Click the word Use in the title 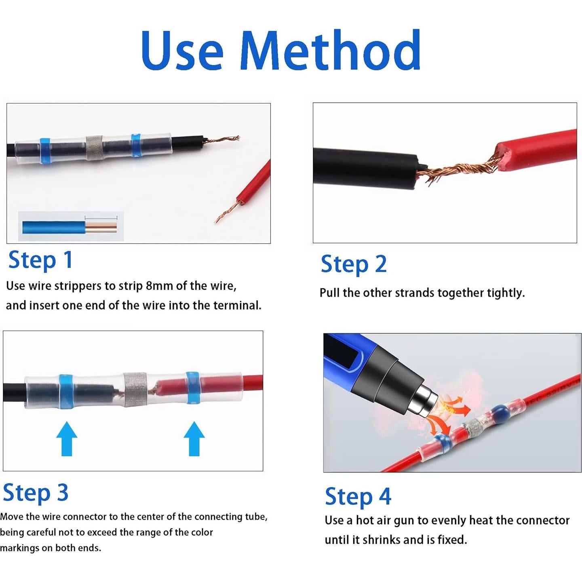182,51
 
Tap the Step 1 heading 40,260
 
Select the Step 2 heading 354,264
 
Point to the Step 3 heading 36,493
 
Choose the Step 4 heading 358,496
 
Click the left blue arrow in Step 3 67,439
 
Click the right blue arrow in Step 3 194,439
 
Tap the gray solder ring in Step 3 135,389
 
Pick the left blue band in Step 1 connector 45,151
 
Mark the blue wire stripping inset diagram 71,226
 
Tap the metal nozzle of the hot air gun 426,402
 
